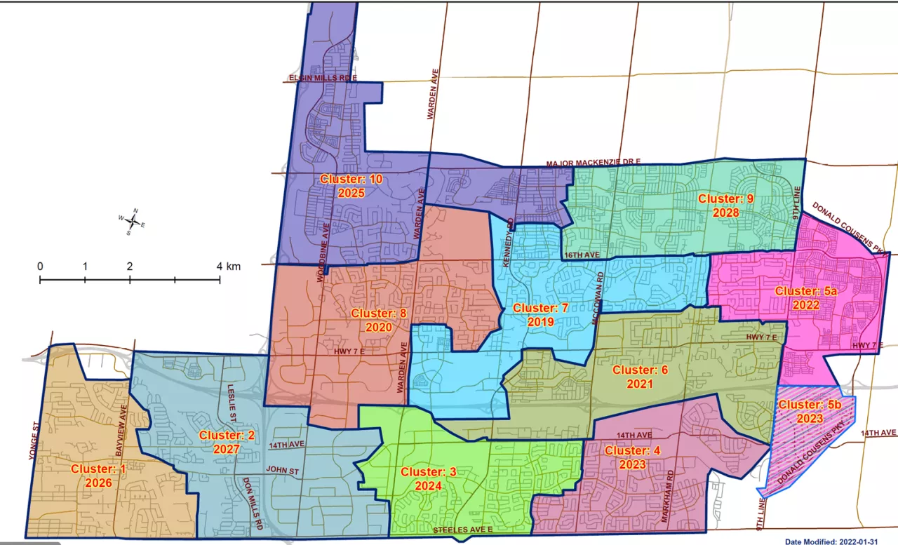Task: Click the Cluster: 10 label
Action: pyautogui.click(x=351, y=186)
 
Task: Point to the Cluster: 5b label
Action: pyautogui.click(x=810, y=411)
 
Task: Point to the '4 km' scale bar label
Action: pyautogui.click(x=228, y=267)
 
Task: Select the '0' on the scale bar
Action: pyautogui.click(x=40, y=267)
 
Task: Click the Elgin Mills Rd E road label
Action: pyautogui.click(x=322, y=78)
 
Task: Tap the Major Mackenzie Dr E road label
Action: pyautogui.click(x=594, y=163)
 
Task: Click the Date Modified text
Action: pyautogui.click(x=839, y=541)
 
